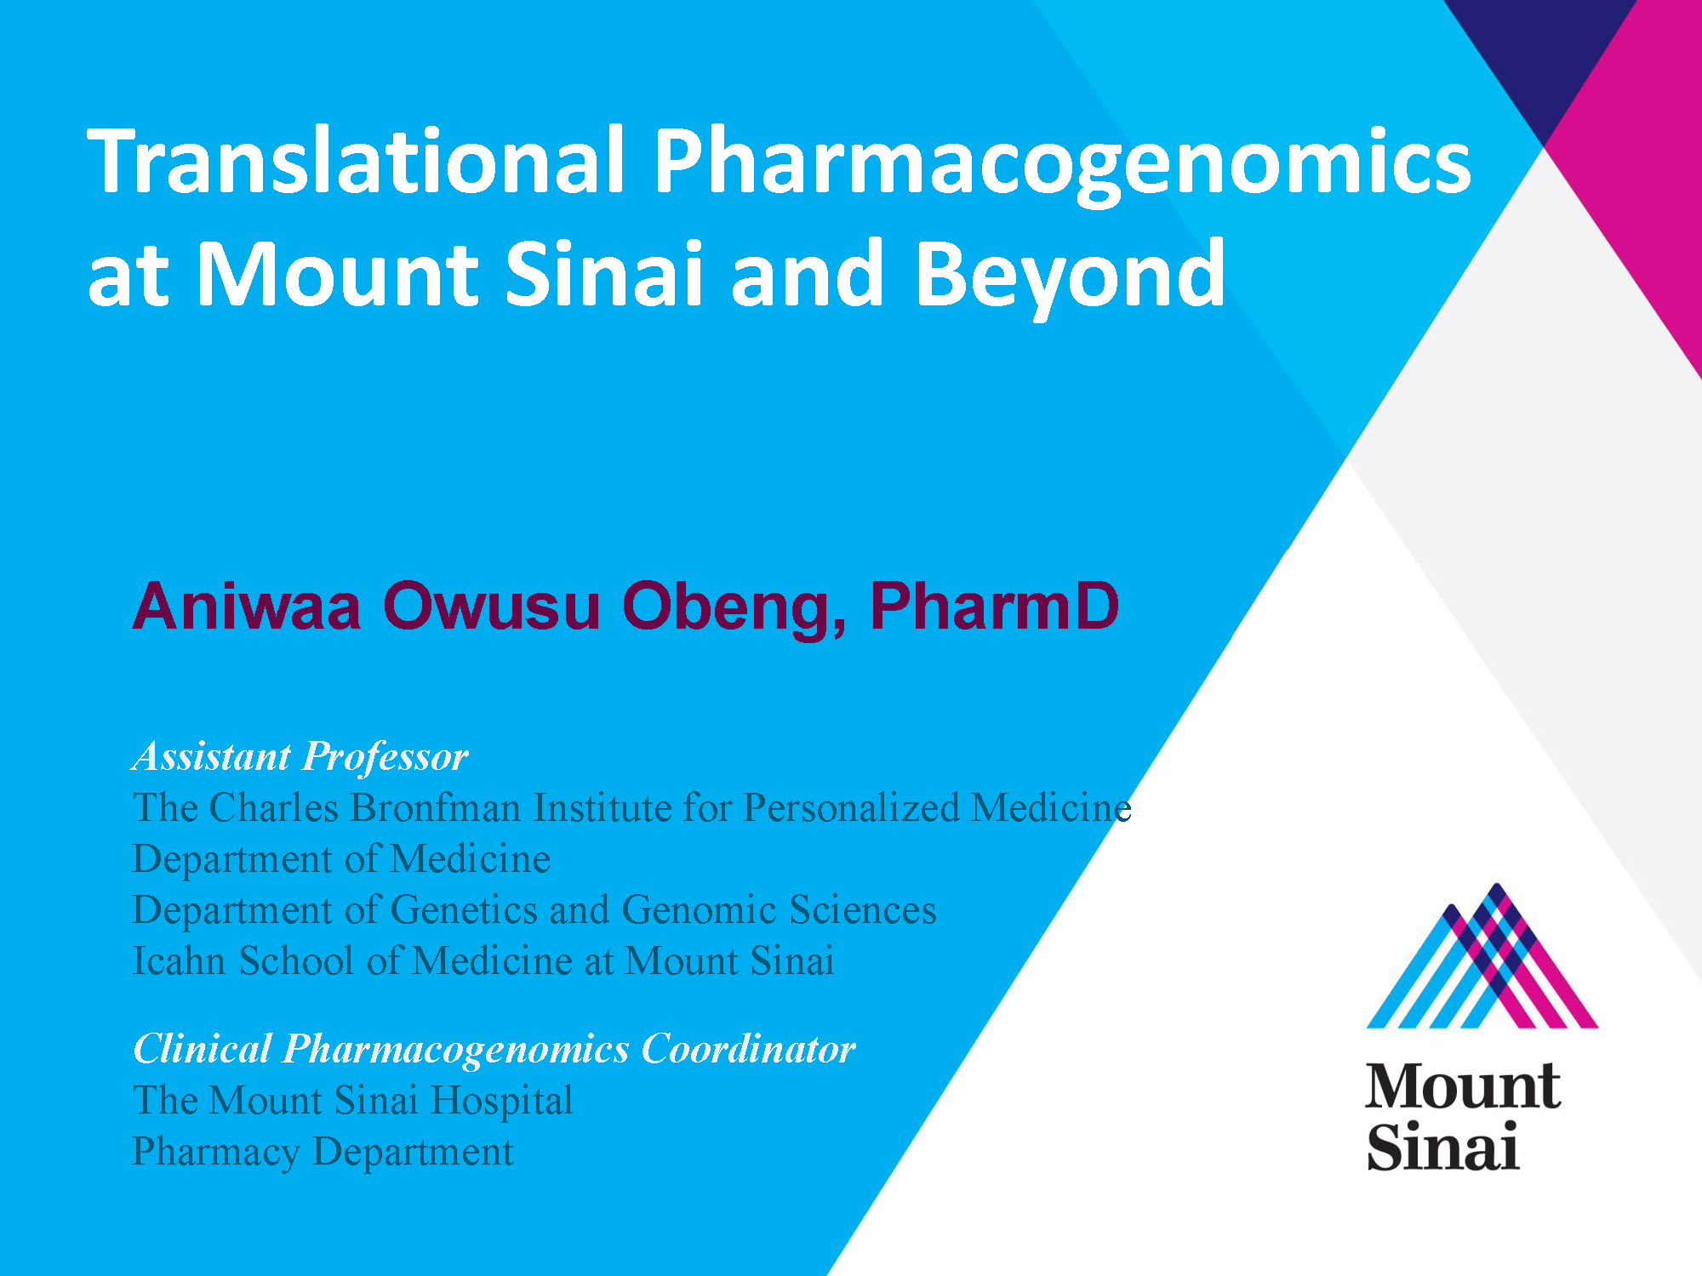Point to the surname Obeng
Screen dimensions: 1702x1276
coord(734,608)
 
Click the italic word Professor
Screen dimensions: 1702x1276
coord(386,757)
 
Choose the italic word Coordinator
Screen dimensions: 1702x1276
coord(748,1048)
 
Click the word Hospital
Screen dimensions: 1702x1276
coord(502,1101)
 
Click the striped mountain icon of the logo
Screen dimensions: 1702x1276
coord(1482,956)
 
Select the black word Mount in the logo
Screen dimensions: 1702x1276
coord(1463,1086)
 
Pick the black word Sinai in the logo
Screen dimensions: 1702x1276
coord(1442,1146)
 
